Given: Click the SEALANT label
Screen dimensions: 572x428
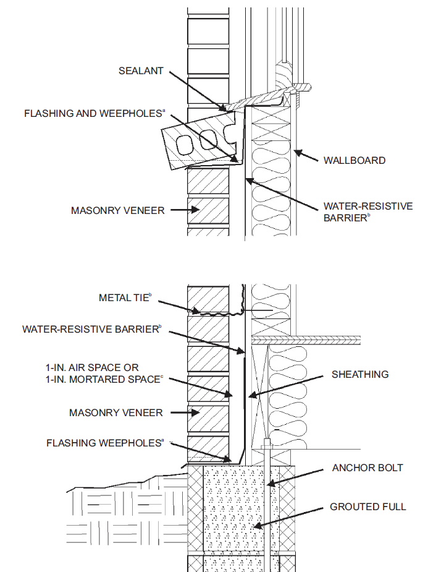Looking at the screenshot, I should click(141, 70).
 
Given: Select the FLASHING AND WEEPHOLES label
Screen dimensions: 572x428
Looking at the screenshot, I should click(94, 114).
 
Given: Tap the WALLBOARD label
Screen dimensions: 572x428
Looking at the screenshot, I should click(355, 160).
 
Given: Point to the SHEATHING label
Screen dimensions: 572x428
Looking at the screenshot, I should click(359, 374).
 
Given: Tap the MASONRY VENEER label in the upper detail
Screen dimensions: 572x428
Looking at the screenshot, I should click(117, 210).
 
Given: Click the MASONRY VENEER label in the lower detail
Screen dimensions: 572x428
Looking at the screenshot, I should click(115, 412).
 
